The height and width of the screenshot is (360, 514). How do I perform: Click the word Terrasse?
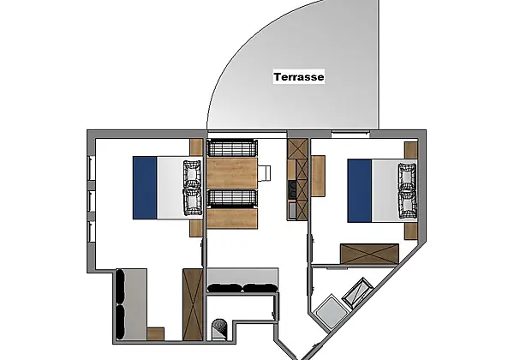click(x=299, y=77)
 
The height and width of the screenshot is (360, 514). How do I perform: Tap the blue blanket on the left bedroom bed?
click(x=145, y=188)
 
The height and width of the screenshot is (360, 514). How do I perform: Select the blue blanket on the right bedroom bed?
click(x=359, y=190)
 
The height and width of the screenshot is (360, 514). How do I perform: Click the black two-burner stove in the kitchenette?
click(x=292, y=189)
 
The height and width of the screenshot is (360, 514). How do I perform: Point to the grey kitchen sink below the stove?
click(x=292, y=210)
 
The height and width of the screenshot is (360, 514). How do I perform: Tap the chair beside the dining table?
click(x=264, y=173)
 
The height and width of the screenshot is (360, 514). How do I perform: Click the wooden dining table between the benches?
click(x=232, y=173)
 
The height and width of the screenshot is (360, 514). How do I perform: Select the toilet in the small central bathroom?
click(x=219, y=329)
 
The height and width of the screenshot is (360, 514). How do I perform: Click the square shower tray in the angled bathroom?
click(x=330, y=311)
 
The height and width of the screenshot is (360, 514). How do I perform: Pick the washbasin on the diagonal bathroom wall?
click(x=357, y=292)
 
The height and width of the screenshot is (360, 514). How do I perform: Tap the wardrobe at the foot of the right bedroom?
click(x=369, y=254)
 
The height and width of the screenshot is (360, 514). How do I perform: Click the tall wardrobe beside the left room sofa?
click(x=193, y=304)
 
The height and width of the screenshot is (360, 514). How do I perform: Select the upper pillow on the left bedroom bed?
click(x=192, y=173)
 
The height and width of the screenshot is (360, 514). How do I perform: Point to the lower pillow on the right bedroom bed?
click(x=407, y=205)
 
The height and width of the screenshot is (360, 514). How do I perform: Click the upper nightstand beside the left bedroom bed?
click(x=196, y=147)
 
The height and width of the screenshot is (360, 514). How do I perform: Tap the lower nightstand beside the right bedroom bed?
click(x=410, y=231)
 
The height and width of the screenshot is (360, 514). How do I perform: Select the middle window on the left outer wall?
click(x=92, y=201)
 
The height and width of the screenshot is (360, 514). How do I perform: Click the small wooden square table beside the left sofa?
click(x=155, y=333)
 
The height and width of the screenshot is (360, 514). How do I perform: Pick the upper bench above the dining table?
click(x=232, y=148)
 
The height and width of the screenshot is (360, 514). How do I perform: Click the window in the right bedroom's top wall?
click(x=350, y=133)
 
